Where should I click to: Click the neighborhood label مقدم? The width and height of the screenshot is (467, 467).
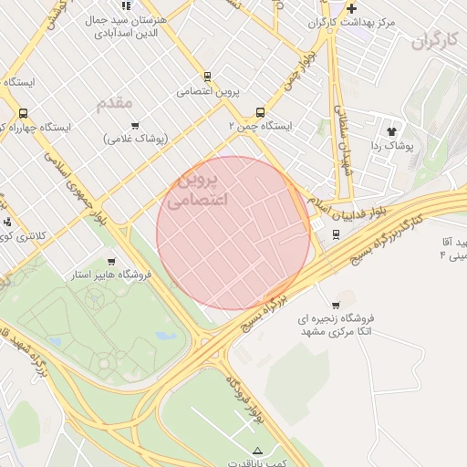[x=115, y=102]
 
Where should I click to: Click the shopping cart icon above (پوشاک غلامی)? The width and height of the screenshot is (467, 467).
[x=136, y=126]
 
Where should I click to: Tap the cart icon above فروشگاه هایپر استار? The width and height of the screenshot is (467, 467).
[x=112, y=262]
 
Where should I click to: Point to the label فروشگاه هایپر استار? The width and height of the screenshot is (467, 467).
[x=111, y=275]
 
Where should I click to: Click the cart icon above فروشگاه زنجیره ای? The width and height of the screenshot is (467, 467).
[x=336, y=305]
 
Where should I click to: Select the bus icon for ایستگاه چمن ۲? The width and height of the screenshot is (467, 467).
[x=261, y=113]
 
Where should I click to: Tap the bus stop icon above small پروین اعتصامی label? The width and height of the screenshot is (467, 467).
[x=207, y=78]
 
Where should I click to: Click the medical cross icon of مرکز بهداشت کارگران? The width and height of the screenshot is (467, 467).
[x=350, y=8]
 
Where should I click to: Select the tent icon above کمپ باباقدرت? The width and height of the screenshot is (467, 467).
[x=257, y=450]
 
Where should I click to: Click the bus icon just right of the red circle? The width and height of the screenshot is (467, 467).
[x=336, y=233]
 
